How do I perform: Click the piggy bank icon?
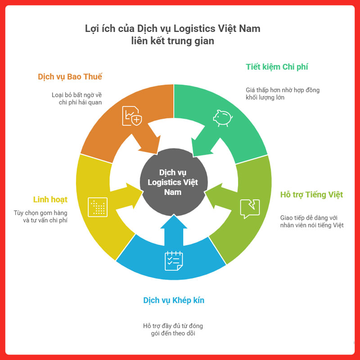[x=222, y=118]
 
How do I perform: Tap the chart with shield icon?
[x=132, y=116]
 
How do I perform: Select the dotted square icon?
[x=98, y=207]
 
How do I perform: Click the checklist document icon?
[x=174, y=261]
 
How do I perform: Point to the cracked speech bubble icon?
[x=250, y=208]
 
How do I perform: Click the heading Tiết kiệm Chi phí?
[x=277, y=67]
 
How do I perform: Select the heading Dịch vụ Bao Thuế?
[x=70, y=76]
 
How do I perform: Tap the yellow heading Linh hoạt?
[x=50, y=199]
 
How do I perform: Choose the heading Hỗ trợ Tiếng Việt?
[x=311, y=194]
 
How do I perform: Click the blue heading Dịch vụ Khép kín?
[x=174, y=300]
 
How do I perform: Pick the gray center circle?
[x=173, y=183]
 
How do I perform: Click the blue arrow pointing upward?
[x=173, y=227]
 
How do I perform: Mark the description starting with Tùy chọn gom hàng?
[x=41, y=216]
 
